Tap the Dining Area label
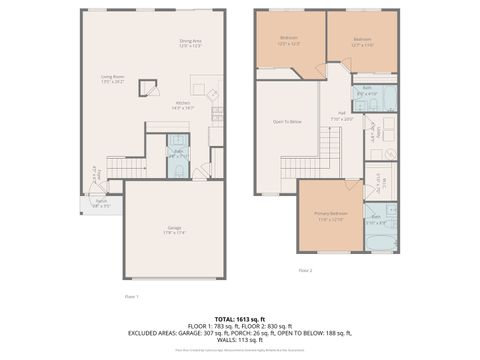(190, 45)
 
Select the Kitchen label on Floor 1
(183, 105)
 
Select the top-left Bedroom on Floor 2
(289, 42)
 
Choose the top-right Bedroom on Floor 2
(362, 42)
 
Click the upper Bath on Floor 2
(367, 93)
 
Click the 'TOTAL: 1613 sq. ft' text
(240, 319)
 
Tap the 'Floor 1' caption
(131, 297)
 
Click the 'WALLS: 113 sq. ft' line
(240, 340)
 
